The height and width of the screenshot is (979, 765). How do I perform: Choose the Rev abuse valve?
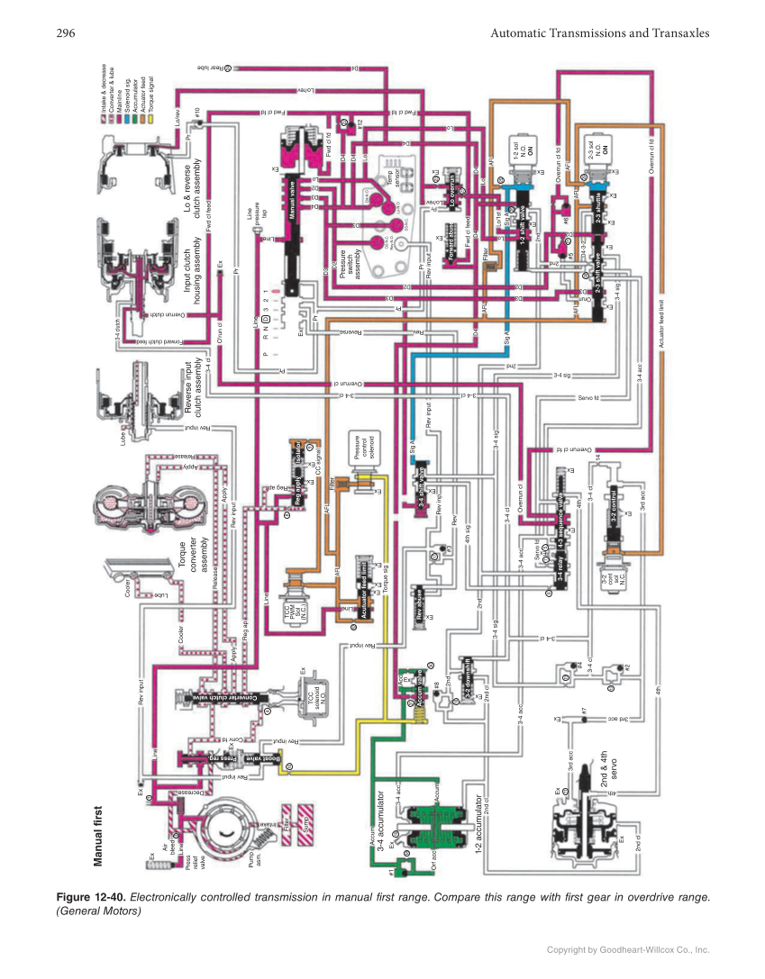pos(417,603)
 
